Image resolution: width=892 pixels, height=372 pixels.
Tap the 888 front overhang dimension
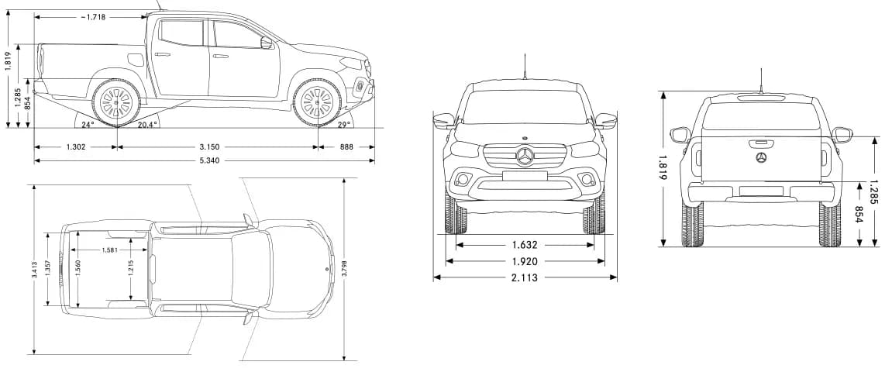[346, 146]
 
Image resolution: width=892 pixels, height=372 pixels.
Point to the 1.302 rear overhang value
[76, 146]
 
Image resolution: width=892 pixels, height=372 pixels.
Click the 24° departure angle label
[87, 124]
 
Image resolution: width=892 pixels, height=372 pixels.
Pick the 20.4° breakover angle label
[146, 124]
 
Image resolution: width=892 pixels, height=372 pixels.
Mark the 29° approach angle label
[343, 124]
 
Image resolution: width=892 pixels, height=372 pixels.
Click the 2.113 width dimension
[525, 277]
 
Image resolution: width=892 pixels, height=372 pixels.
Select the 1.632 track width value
[525, 245]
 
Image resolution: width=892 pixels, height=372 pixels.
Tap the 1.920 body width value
[525, 262]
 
